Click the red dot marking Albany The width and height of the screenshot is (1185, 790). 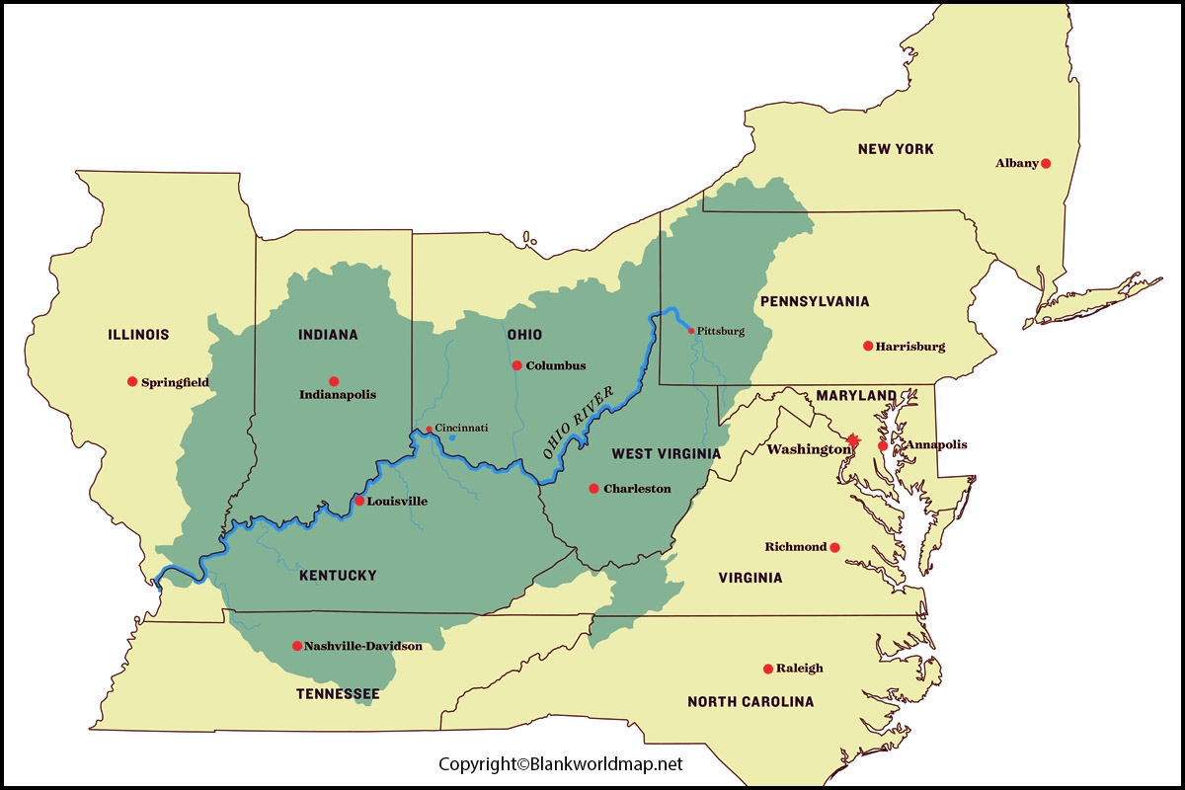click(1046, 163)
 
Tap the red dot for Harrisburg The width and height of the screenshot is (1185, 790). click(868, 346)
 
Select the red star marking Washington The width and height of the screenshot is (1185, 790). click(853, 439)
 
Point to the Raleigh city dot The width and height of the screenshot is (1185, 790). click(768, 669)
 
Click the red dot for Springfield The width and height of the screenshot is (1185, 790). click(131, 381)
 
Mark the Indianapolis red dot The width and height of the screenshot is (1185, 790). click(334, 381)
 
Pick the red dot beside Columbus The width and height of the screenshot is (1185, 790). click(516, 365)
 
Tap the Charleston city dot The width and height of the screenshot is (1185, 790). click(593, 488)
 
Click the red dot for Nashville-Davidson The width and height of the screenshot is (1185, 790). click(297, 646)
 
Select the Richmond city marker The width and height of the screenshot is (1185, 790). click(834, 547)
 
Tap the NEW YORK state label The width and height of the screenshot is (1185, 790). click(895, 149)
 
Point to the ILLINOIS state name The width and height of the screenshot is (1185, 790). click(138, 335)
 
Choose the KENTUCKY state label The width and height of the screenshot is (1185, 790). click(338, 575)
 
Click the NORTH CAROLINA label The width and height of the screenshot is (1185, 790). click(750, 702)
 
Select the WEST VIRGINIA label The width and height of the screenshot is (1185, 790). click(666, 454)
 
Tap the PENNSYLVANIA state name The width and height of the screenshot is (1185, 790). click(815, 301)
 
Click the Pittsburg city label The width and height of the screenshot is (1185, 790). click(721, 331)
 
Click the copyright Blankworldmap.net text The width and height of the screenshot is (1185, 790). click(561, 764)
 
